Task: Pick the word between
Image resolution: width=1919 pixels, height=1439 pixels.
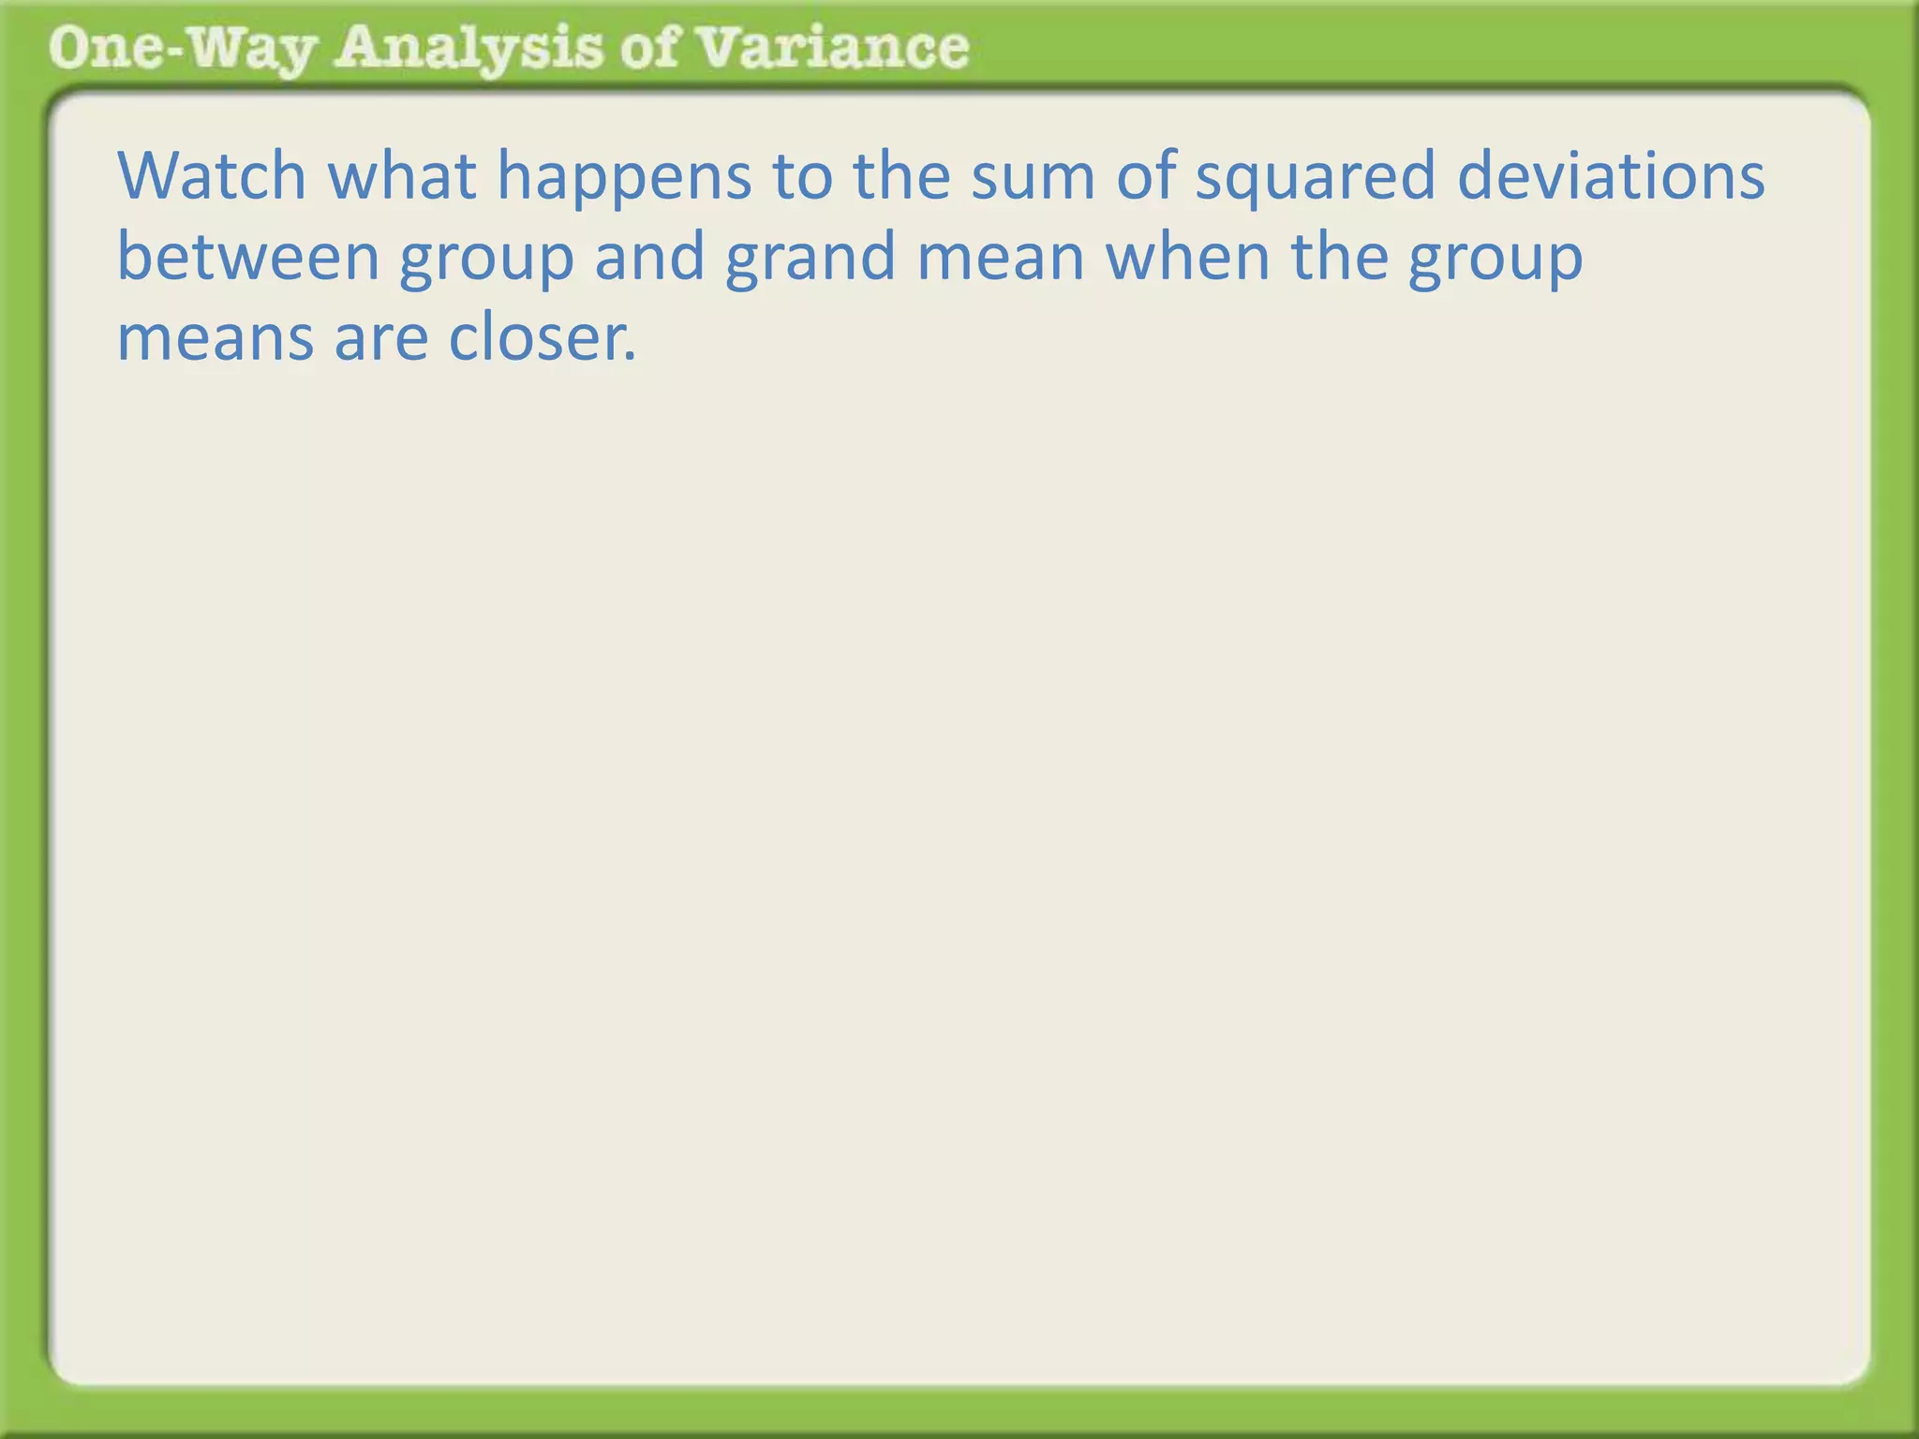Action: pyautogui.click(x=247, y=257)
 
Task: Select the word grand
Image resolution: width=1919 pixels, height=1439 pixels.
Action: pyautogui.click(x=811, y=259)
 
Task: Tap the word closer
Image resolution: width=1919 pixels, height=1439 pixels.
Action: pyautogui.click(x=543, y=337)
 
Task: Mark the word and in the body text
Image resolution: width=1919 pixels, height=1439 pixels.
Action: pyautogui.click(x=649, y=257)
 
